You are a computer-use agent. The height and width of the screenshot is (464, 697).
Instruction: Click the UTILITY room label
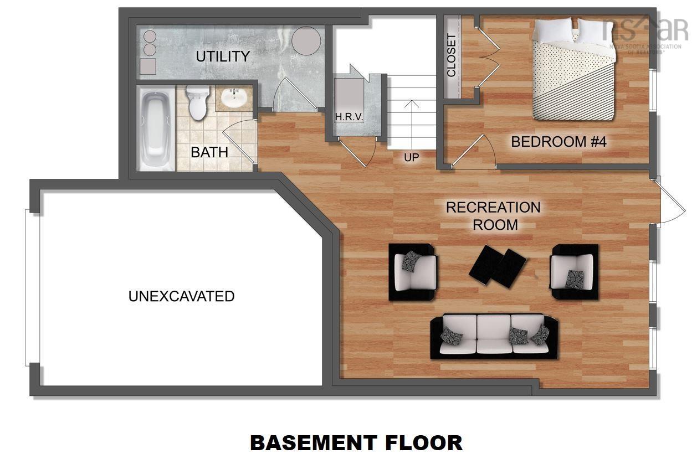pyautogui.click(x=223, y=56)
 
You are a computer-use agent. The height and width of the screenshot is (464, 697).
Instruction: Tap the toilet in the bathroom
pyautogui.click(x=196, y=102)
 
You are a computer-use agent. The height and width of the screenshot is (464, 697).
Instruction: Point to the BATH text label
pyautogui.click(x=209, y=152)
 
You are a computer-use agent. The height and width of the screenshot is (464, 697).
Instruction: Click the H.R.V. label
pyautogui.click(x=348, y=117)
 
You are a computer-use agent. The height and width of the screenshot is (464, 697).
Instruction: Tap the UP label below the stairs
pyautogui.click(x=411, y=158)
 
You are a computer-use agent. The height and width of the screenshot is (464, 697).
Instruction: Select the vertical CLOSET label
pyautogui.click(x=452, y=55)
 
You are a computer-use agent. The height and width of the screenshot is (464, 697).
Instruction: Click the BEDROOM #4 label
pyautogui.click(x=558, y=142)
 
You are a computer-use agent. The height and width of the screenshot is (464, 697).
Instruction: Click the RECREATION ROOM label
pyautogui.click(x=493, y=216)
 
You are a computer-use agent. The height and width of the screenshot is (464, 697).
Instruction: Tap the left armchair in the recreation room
pyautogui.click(x=413, y=271)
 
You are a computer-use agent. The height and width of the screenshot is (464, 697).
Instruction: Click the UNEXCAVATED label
pyautogui.click(x=181, y=296)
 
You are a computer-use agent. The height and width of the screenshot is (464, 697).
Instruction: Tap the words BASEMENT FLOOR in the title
pyautogui.click(x=356, y=443)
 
